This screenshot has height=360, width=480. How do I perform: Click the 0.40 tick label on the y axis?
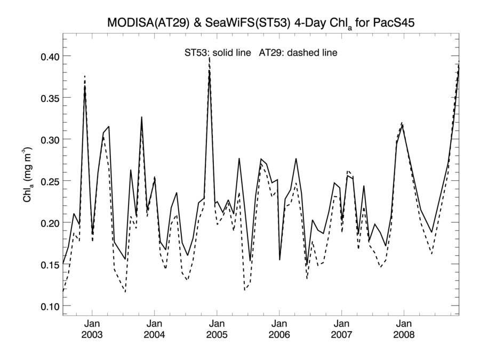click(46, 56)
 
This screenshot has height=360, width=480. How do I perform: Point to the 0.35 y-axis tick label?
click(46, 98)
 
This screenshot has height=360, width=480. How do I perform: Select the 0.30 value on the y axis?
click(46, 139)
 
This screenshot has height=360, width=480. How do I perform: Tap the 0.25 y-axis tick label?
click(46, 181)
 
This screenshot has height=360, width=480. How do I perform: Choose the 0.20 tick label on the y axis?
click(46, 223)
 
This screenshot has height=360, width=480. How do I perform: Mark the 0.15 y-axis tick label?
click(46, 265)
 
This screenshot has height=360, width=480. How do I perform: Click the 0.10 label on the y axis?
click(46, 306)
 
